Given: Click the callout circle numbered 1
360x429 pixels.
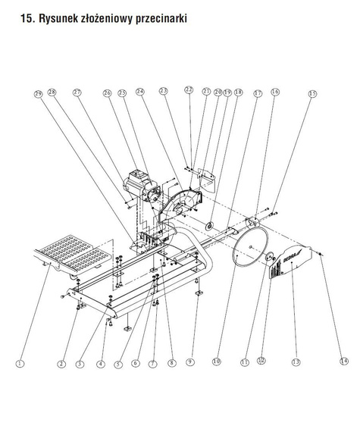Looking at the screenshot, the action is tap(20, 364).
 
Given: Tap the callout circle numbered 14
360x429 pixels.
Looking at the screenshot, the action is tap(344, 361).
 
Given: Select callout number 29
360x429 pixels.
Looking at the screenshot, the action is tap(39, 94).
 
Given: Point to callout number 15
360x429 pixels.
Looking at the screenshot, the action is tap(312, 94).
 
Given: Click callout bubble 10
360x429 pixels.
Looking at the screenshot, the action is tap(217, 362).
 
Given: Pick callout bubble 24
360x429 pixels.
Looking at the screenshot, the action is tap(140, 92).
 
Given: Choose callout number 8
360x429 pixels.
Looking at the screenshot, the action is tap(171, 363).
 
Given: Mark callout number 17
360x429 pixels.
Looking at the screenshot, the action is tap(258, 93).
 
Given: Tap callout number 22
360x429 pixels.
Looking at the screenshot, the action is tap(189, 90).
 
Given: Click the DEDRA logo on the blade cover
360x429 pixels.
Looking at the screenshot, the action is tap(291, 258).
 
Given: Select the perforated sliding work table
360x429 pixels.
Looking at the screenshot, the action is tap(73, 255).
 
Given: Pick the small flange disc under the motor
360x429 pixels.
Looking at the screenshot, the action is tap(210, 227).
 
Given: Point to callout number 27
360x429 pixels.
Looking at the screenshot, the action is tap(77, 92).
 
